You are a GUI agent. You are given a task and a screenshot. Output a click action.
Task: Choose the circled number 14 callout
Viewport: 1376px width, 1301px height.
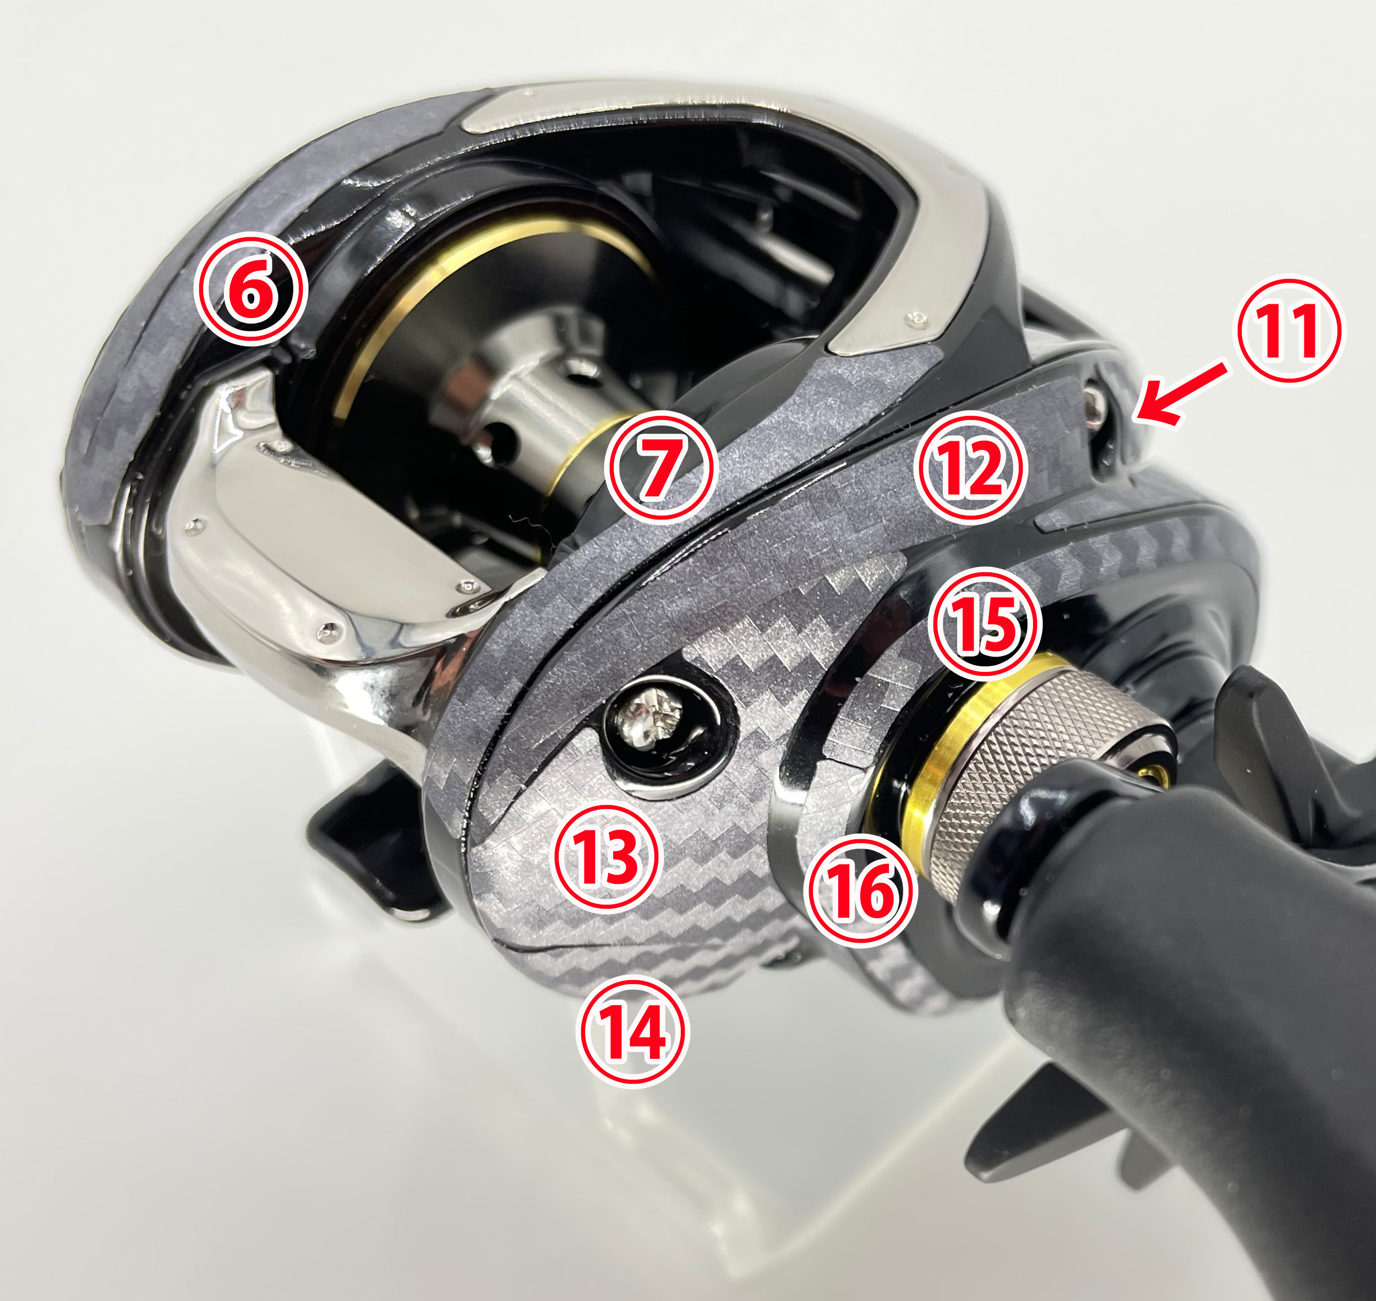[x=632, y=1032]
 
